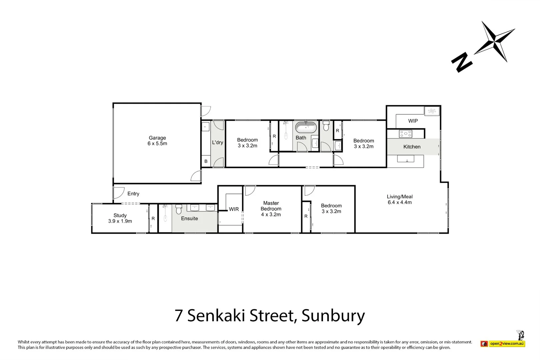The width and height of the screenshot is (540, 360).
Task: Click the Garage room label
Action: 157,141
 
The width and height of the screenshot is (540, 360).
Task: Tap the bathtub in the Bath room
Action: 306,128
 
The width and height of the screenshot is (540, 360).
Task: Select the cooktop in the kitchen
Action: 406,134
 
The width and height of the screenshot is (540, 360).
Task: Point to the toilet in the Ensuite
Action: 179,209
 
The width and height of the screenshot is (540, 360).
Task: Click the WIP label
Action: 413,121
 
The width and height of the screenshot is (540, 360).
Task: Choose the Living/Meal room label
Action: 400,199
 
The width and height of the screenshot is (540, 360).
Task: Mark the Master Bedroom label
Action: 271,209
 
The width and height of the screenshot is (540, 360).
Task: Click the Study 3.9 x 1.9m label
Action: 120,218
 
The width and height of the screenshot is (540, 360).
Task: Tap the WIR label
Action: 234,209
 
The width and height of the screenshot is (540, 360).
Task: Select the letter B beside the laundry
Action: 206,161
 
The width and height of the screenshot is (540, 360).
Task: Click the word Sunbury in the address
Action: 333,315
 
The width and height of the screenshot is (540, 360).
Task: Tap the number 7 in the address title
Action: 179,315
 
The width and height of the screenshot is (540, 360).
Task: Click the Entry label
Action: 133,194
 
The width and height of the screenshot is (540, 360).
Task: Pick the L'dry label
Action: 217,143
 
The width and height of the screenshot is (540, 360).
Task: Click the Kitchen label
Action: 412,147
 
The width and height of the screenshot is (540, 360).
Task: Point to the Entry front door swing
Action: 118,193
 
